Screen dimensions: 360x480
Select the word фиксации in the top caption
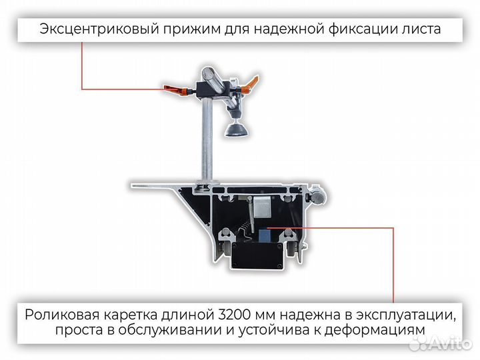364,29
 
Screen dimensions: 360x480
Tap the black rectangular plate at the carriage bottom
257,257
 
